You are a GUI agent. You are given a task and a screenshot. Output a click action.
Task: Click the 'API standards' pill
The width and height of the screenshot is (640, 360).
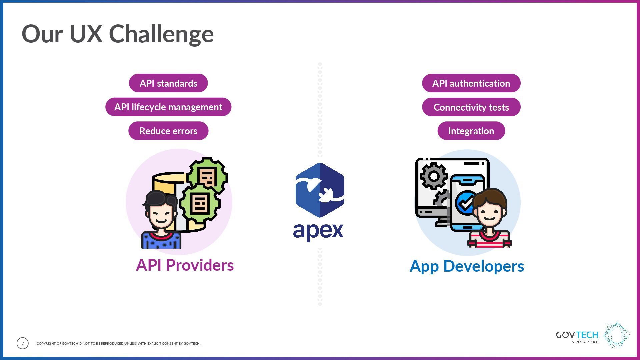pyautogui.click(x=168, y=83)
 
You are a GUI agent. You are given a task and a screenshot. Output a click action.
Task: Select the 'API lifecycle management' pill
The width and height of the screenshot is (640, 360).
pyautogui.click(x=168, y=107)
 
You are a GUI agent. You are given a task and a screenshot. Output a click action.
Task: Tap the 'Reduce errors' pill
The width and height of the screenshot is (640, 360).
pyautogui.click(x=168, y=131)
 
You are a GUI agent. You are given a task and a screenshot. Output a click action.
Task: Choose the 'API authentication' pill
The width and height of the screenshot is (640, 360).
pyautogui.click(x=471, y=83)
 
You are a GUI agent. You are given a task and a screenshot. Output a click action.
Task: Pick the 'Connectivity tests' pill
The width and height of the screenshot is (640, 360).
pyautogui.click(x=471, y=107)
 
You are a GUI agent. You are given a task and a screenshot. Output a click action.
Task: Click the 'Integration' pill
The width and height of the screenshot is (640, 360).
pyautogui.click(x=471, y=131)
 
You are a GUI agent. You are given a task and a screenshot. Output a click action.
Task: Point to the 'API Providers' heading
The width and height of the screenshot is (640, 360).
pyautogui.click(x=185, y=265)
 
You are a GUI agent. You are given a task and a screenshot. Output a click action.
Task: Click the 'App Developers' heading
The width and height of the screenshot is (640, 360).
pyautogui.click(x=467, y=266)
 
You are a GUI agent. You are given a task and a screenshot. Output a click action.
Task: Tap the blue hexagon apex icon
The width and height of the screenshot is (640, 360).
pyautogui.click(x=320, y=190)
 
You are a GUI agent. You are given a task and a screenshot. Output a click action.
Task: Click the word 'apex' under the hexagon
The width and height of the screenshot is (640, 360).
pyautogui.click(x=318, y=231)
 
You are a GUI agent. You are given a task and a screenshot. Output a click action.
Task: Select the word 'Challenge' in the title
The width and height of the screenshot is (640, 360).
pyautogui.click(x=161, y=34)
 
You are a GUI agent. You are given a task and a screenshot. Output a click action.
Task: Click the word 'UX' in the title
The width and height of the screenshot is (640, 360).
pyautogui.click(x=86, y=34)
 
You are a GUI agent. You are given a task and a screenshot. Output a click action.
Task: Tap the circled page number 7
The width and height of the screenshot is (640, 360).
pyautogui.click(x=23, y=343)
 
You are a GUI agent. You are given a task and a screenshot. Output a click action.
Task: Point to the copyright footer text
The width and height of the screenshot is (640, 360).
pyautogui.click(x=118, y=343)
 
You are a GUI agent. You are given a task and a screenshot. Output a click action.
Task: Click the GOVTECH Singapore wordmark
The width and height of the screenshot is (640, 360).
pyautogui.click(x=577, y=337)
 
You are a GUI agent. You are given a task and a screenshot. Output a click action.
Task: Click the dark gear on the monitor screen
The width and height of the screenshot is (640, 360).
pyautogui.click(x=434, y=176)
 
